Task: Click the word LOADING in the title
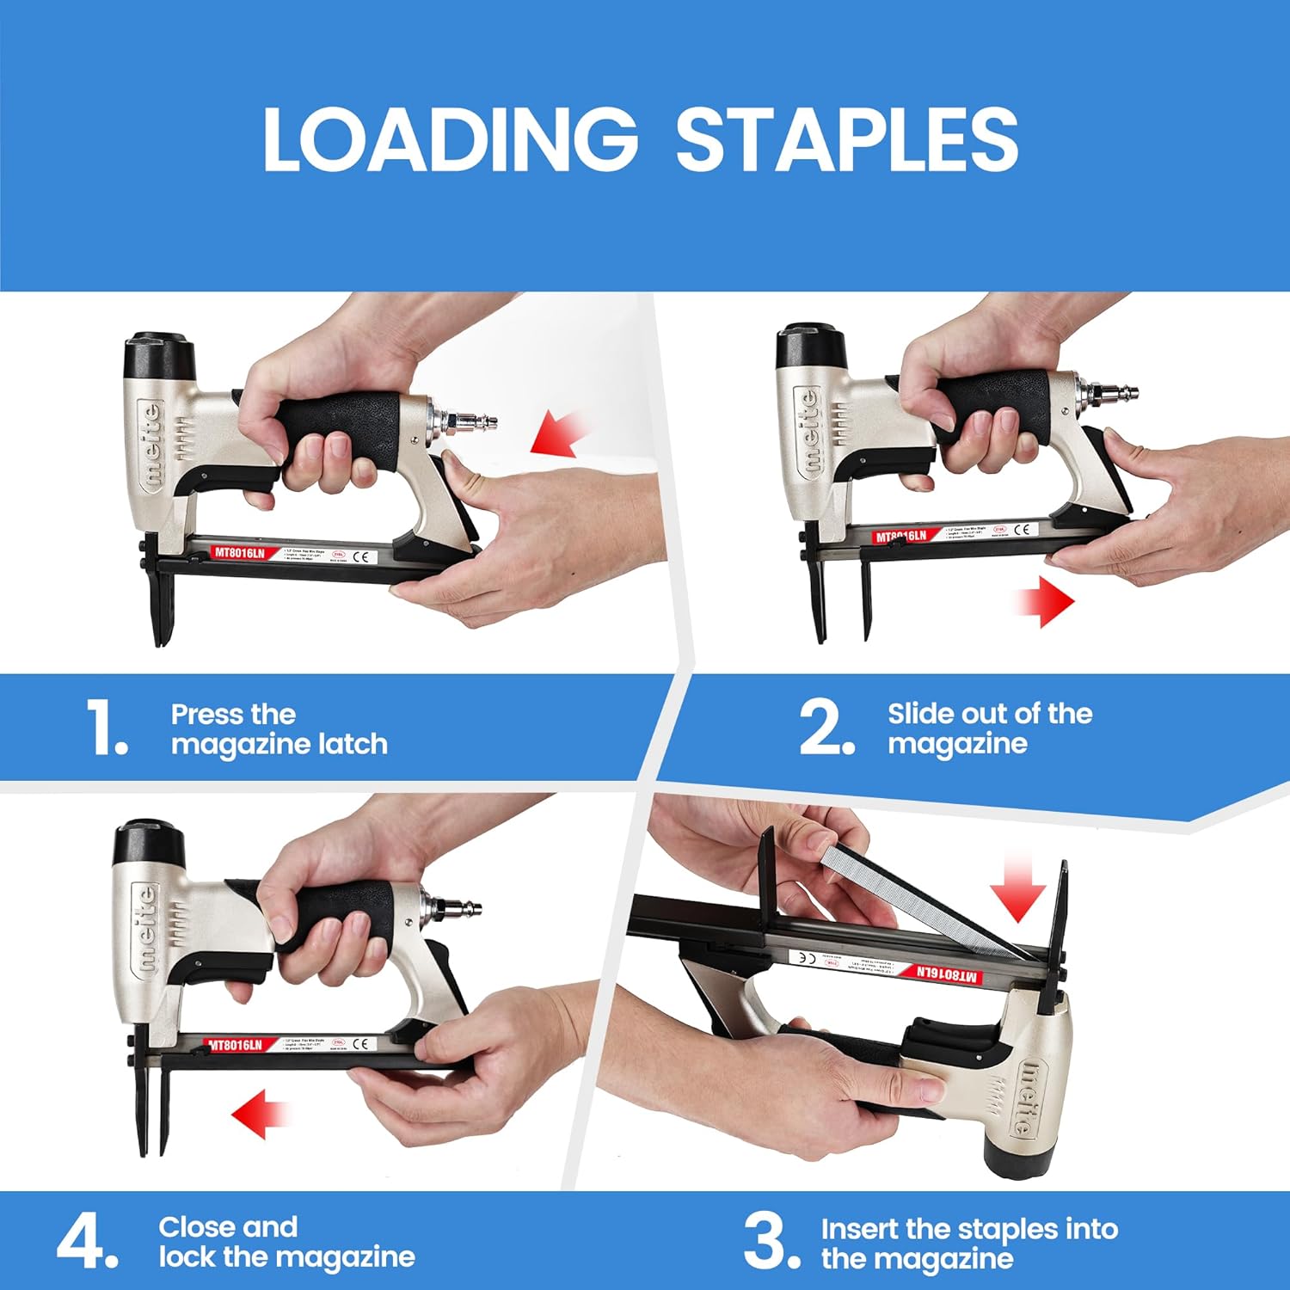click(x=449, y=139)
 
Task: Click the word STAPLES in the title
click(x=846, y=139)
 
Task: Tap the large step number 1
click(x=107, y=728)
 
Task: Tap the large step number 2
click(x=826, y=728)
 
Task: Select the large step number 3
click(x=771, y=1240)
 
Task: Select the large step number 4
click(x=86, y=1242)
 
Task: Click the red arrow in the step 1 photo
click(x=559, y=433)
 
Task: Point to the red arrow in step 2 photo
click(x=1044, y=601)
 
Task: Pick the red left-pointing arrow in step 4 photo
click(x=260, y=1115)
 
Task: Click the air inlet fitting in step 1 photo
click(x=469, y=422)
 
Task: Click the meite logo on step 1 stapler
click(x=151, y=446)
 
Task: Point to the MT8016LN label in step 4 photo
click(x=236, y=1045)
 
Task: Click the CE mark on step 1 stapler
click(x=361, y=556)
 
